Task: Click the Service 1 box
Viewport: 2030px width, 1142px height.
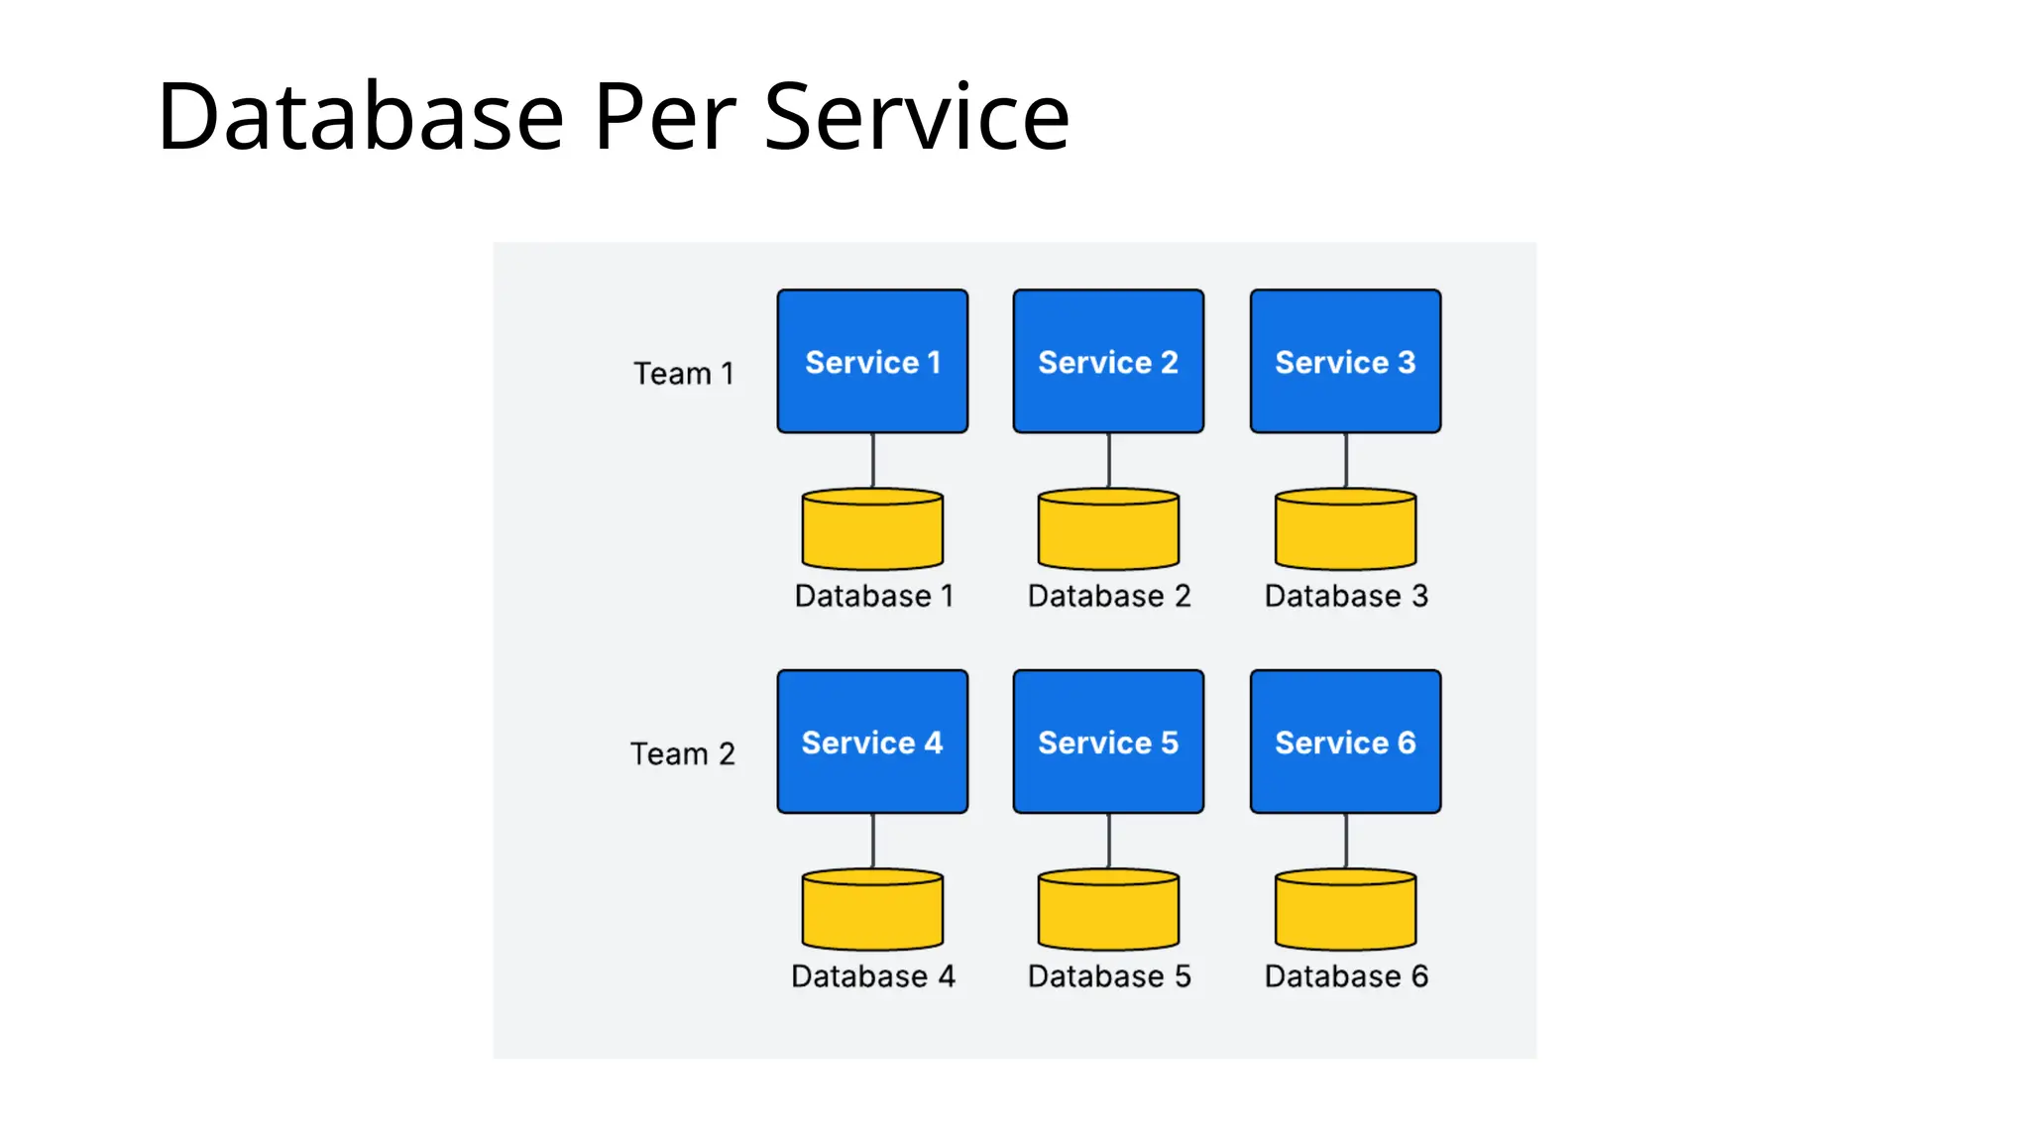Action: point(872,361)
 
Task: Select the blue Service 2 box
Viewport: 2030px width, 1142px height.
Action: point(1108,361)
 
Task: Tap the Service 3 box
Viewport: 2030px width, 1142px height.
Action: point(1345,361)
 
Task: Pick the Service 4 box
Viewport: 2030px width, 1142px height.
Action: point(872,742)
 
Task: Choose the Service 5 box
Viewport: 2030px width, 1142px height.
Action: point(1108,742)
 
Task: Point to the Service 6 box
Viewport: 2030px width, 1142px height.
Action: point(1345,742)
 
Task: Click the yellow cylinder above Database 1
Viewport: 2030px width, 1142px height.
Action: point(872,529)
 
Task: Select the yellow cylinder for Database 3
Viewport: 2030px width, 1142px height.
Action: point(1345,529)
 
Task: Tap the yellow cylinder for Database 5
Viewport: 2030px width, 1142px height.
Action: point(1108,910)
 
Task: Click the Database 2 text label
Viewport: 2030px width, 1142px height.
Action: point(1108,596)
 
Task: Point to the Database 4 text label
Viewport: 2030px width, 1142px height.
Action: point(872,976)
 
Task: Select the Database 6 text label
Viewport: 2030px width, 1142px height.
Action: point(1345,976)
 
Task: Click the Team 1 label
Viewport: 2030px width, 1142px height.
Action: point(684,374)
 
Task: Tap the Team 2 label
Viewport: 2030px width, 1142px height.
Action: point(682,754)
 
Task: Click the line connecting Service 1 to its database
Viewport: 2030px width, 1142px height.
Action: point(872,460)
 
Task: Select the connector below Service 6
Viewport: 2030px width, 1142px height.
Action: point(1345,841)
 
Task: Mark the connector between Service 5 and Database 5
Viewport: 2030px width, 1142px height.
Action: point(1108,841)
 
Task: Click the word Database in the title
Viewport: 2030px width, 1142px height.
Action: point(361,117)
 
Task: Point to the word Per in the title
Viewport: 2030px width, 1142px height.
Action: point(664,117)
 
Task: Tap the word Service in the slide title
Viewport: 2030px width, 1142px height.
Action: point(917,117)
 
